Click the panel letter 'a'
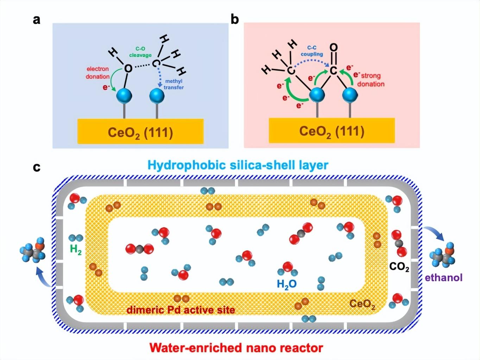tap(37, 20)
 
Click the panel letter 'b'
tap(235, 19)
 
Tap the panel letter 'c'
tap(37, 167)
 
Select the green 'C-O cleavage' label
tap(140, 52)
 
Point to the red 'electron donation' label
tap(97, 72)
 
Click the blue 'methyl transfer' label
tap(173, 84)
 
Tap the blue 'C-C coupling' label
tap(311, 51)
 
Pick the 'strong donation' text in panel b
tap(371, 80)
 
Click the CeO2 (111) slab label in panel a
tap(140, 133)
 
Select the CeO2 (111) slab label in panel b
tap(331, 131)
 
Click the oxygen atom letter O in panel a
tap(128, 68)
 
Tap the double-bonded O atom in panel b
tap(333, 47)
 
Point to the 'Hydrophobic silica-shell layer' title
tap(238, 165)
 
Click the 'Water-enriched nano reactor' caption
tap(236, 348)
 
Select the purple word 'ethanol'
tap(443, 278)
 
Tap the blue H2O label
tap(286, 284)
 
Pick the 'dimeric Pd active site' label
tap(181, 310)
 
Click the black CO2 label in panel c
tap(399, 267)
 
